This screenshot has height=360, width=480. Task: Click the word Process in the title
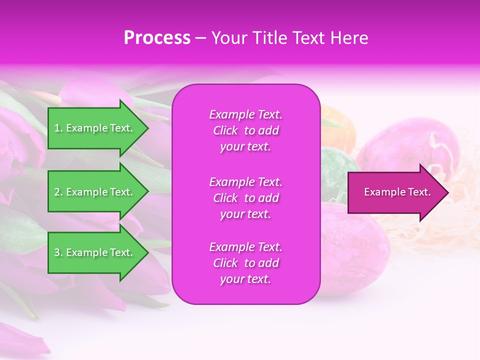[157, 38]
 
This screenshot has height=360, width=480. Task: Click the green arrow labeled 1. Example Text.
[95, 128]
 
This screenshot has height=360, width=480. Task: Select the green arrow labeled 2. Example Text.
[95, 192]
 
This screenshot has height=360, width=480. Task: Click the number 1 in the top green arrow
[57, 128]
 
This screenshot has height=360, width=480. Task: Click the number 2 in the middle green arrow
[57, 192]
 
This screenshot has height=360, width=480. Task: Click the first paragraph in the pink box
[245, 130]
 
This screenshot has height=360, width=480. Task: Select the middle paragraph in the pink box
[245, 198]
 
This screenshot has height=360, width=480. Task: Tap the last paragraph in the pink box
[245, 263]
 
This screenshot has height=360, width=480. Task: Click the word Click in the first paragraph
[225, 130]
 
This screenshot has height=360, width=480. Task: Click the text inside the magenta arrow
[397, 192]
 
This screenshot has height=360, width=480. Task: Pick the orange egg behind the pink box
[340, 125]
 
